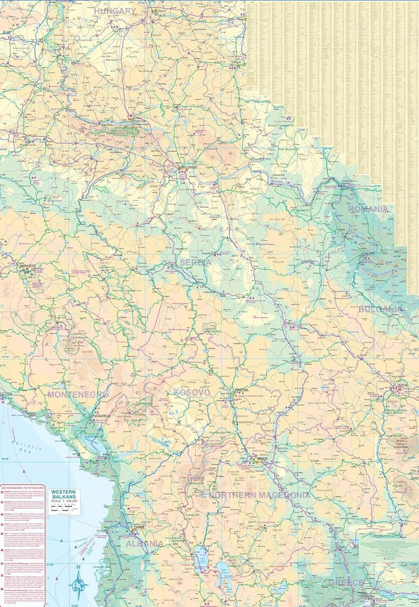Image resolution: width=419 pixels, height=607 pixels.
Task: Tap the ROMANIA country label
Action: click(x=368, y=209)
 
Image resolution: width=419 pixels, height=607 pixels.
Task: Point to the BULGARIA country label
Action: click(x=381, y=309)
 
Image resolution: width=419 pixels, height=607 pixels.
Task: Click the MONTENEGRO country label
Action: click(x=77, y=394)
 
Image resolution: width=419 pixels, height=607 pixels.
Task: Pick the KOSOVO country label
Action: click(x=191, y=393)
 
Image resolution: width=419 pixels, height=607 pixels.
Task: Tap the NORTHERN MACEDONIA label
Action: click(x=260, y=495)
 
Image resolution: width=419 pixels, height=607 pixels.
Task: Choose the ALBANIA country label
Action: click(x=144, y=544)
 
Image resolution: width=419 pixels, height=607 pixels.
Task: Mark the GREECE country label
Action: click(x=346, y=583)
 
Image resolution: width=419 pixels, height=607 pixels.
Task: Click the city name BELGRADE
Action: click(x=190, y=166)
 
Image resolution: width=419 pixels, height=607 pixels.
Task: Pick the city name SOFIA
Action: click(x=401, y=385)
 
